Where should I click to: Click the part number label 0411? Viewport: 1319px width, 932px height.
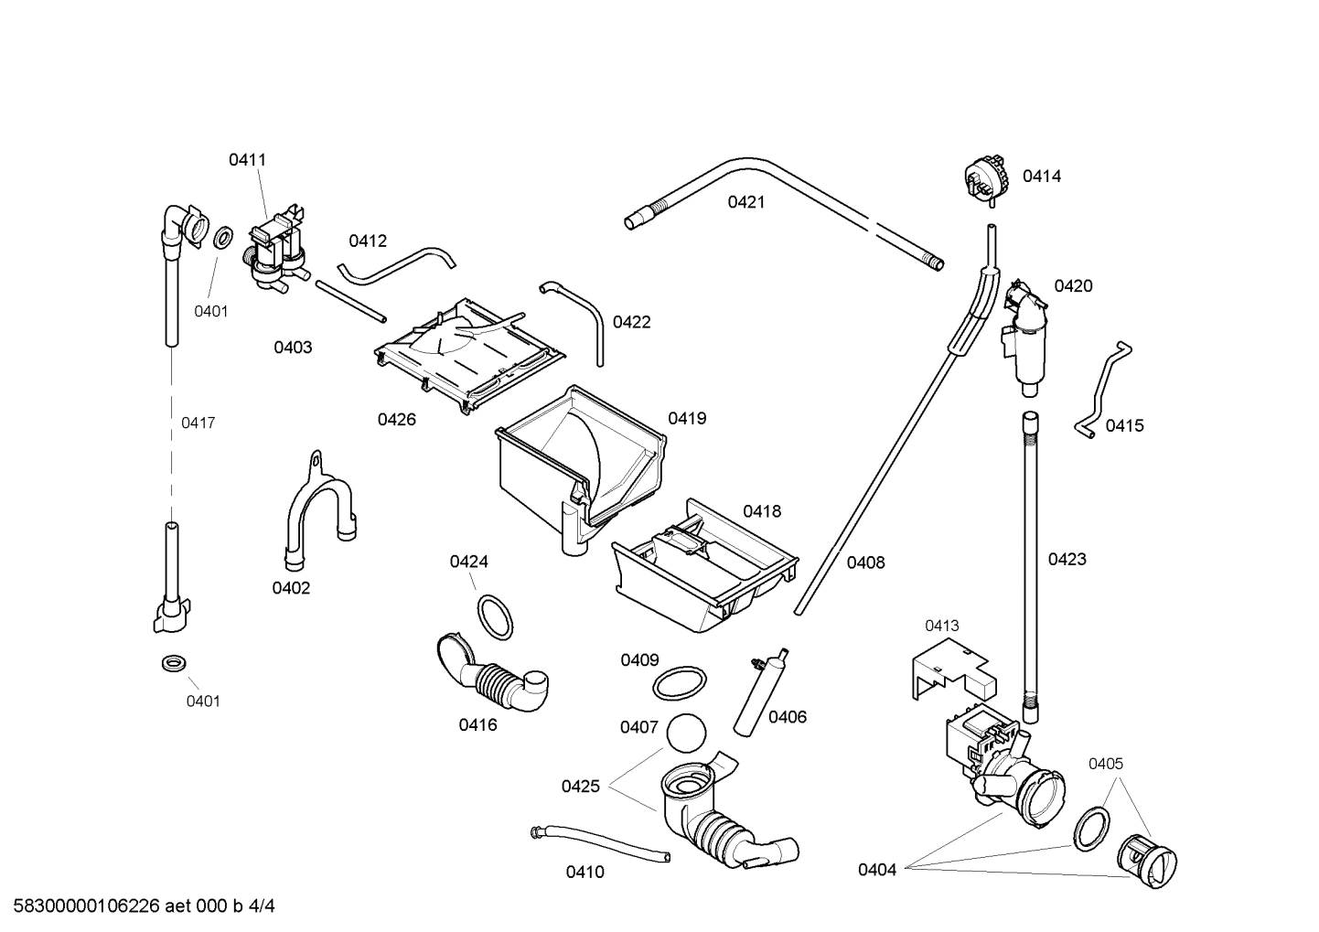point(247,160)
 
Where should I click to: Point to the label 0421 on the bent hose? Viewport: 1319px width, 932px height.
point(745,202)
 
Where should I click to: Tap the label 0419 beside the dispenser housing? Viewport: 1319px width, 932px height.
point(686,419)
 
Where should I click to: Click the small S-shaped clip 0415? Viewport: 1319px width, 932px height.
point(1101,389)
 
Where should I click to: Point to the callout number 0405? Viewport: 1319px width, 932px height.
point(1105,764)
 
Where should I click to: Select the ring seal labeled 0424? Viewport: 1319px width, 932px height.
point(495,617)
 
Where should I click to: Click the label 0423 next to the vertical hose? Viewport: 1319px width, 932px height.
point(1067,559)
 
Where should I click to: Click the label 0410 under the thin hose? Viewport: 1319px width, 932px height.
point(584,873)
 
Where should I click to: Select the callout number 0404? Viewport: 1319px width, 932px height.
point(876,870)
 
